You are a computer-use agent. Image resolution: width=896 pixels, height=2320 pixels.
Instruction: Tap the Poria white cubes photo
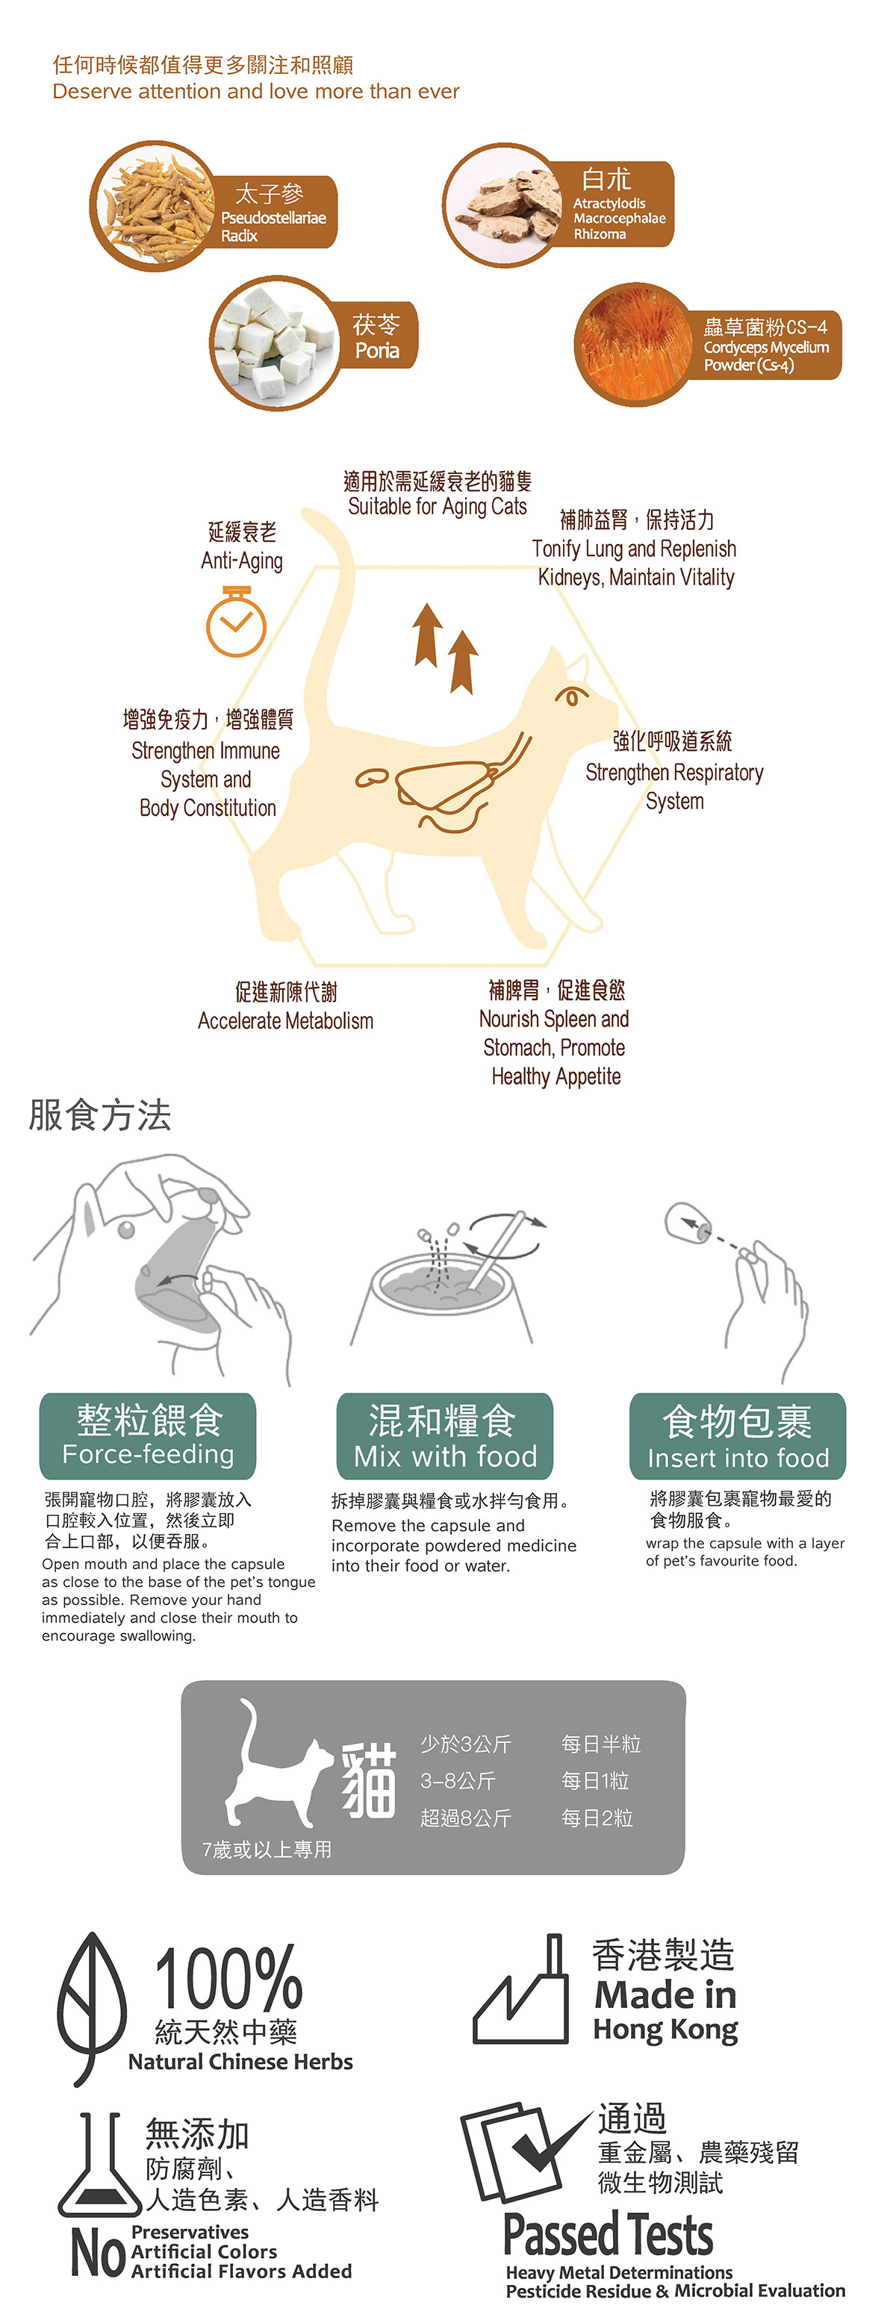(276, 343)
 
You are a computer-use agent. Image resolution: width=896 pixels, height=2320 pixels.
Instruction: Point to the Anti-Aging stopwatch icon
(236, 620)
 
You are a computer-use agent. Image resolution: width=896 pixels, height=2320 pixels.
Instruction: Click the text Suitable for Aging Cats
(438, 506)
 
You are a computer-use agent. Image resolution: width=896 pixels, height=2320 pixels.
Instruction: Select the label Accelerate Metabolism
(285, 1020)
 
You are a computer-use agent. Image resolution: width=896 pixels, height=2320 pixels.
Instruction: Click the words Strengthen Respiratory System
(674, 786)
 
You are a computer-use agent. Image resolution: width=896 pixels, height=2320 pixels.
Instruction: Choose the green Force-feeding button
(148, 1435)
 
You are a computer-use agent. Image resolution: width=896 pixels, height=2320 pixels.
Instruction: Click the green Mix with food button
(445, 1435)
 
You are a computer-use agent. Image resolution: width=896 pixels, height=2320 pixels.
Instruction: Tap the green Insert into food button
(738, 1435)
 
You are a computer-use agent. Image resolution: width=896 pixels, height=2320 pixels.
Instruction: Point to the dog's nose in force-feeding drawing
(208, 1197)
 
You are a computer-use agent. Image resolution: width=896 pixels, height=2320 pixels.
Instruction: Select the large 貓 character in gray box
(369, 1780)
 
